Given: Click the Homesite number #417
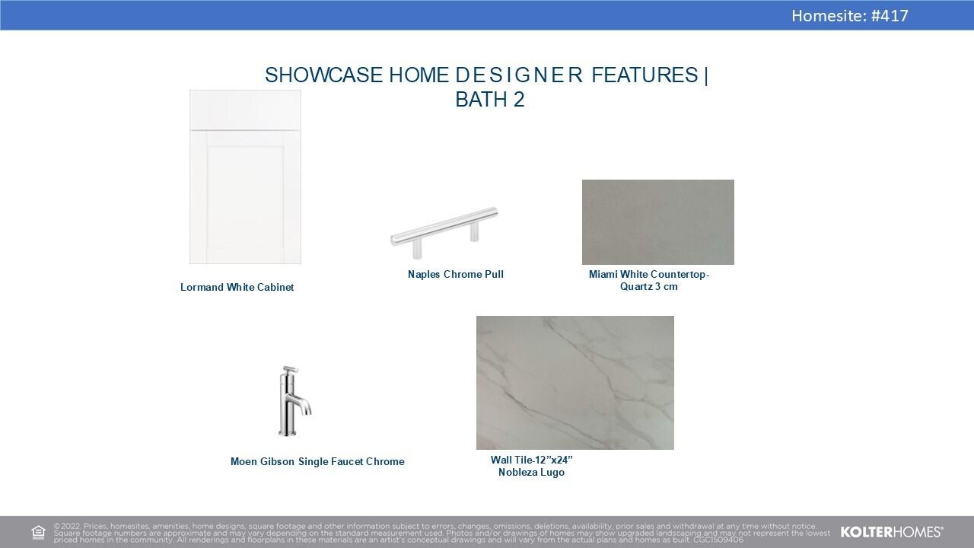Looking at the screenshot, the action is click(x=890, y=16).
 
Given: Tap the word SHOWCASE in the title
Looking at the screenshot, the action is click(x=323, y=75).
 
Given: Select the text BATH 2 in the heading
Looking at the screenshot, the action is click(x=489, y=99).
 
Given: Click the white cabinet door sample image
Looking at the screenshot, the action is click(x=245, y=177).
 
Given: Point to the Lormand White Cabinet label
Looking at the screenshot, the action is click(x=237, y=287).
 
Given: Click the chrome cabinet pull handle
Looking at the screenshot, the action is click(x=444, y=231).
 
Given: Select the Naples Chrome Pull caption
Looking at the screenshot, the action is click(x=456, y=275).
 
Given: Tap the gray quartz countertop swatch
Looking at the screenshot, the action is click(x=658, y=221).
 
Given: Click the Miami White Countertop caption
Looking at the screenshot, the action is click(x=649, y=275).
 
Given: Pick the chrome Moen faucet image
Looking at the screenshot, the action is click(x=294, y=401).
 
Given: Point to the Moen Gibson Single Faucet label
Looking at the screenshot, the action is click(x=317, y=461).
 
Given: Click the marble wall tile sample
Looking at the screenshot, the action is click(x=575, y=383).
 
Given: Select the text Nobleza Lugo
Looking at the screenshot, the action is click(x=531, y=473).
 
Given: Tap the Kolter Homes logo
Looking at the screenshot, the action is click(x=892, y=532).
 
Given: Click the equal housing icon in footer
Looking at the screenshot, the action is click(x=38, y=532).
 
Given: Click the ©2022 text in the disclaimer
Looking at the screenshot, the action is click(x=67, y=526).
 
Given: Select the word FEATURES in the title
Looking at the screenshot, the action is click(x=645, y=75).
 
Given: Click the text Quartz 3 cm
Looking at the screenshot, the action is click(x=649, y=287).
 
